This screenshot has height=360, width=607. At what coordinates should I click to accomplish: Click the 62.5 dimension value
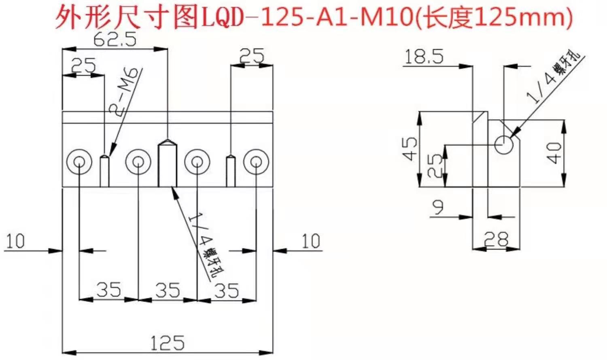[115, 40]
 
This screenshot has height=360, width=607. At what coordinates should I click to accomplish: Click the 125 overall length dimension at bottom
[167, 343]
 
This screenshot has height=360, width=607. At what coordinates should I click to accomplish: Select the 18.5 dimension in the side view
[424, 57]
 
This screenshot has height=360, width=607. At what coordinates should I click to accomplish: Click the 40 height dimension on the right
[554, 153]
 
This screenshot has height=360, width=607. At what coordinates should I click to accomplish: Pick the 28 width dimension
[496, 239]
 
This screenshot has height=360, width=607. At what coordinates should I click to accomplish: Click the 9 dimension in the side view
[438, 207]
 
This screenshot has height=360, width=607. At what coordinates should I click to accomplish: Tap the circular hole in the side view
[503, 144]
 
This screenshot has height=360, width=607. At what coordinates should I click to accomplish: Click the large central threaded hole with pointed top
[167, 164]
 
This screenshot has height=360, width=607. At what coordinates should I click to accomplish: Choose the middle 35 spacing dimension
[168, 290]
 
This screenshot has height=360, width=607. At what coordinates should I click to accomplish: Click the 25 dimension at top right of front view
[252, 56]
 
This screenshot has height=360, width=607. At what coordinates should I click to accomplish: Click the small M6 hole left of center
[105, 171]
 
